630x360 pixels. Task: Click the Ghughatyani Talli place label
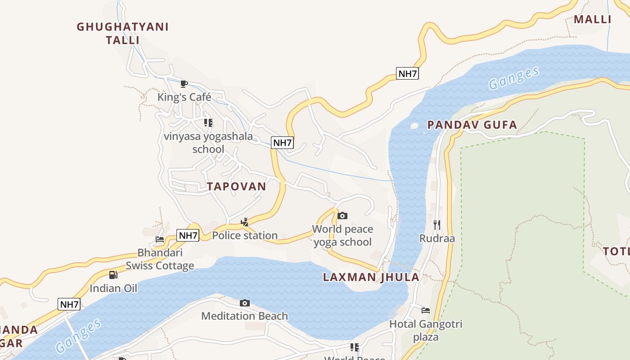[x=122, y=33]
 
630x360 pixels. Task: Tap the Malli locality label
[x=592, y=19]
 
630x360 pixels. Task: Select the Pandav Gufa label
[x=472, y=125]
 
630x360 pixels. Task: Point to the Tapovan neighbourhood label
[x=236, y=186]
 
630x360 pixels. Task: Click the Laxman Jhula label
[x=371, y=277]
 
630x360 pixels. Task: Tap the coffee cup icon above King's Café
[x=184, y=84]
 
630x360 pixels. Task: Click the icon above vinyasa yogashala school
[x=208, y=122]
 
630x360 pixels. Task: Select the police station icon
[x=245, y=222]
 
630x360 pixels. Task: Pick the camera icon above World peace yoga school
[x=342, y=216]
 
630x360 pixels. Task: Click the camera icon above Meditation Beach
[x=245, y=303]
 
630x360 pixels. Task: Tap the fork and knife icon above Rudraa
[x=437, y=225]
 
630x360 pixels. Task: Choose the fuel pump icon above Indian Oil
[x=113, y=274]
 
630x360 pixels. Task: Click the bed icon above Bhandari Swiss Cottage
[x=160, y=239]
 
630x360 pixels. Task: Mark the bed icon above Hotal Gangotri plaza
[x=426, y=310]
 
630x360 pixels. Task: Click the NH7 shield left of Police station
[x=188, y=235]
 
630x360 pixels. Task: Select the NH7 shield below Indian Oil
[x=69, y=304]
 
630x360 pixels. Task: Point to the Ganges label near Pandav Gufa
[x=513, y=78]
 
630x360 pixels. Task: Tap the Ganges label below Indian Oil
[x=78, y=336]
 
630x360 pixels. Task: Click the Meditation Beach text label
[x=244, y=316]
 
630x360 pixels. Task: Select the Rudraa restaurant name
[x=437, y=238]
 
